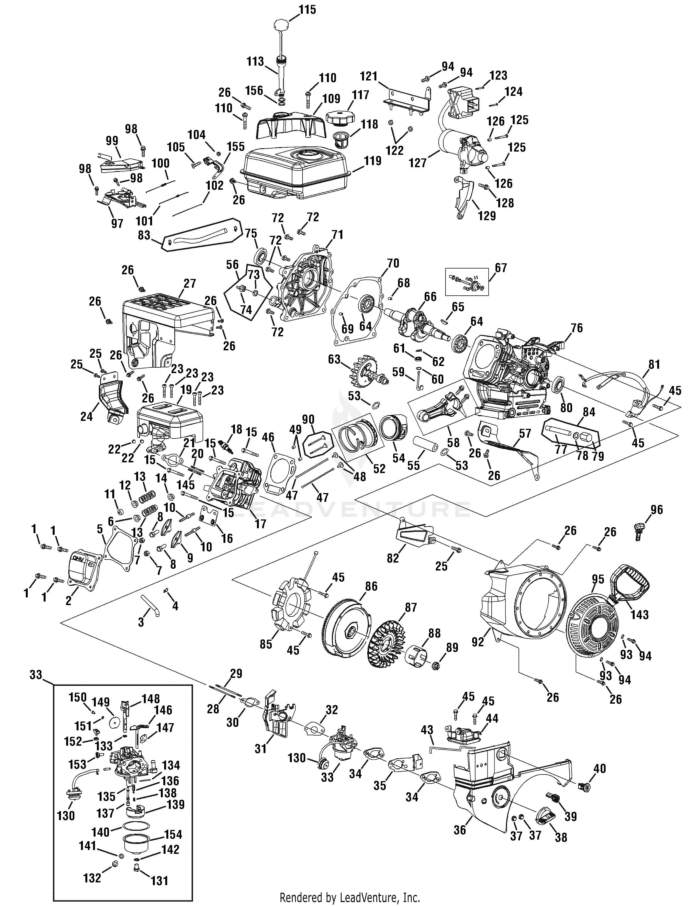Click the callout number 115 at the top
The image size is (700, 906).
307,10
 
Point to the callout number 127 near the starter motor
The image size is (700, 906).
418,163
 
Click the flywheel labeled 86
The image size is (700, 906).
348,631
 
